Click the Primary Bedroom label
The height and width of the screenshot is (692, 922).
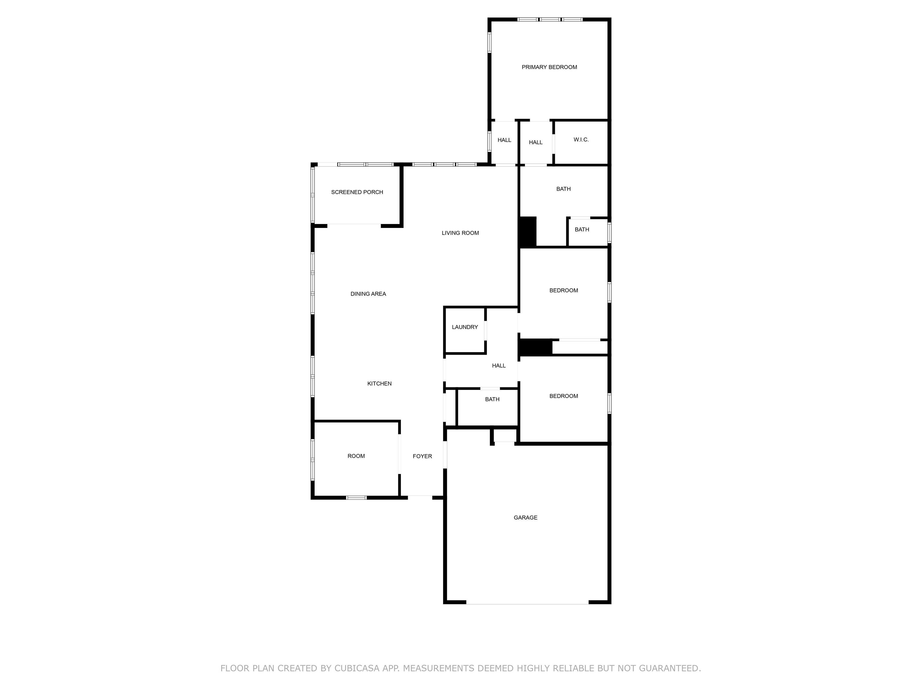pos(549,67)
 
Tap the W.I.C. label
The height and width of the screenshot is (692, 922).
pos(581,140)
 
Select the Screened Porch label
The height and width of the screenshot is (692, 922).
pos(357,192)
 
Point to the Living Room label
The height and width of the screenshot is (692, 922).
pos(460,233)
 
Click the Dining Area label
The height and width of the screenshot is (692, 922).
pos(368,294)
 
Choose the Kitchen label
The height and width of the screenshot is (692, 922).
pos(379,384)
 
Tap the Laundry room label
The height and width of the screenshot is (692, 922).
pos(465,327)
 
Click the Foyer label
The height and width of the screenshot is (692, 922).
pos(422,456)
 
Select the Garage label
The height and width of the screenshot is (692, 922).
pos(526,517)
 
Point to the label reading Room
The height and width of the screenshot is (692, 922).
pos(356,456)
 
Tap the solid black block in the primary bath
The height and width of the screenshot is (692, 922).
pos(528,232)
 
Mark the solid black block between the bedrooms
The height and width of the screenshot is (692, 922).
pos(536,348)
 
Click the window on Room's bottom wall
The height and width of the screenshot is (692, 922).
pos(356,498)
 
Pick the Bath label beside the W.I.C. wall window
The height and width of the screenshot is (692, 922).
pos(582,230)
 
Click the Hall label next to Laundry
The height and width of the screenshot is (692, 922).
pos(499,366)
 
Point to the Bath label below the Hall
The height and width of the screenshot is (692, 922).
pos(492,399)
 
